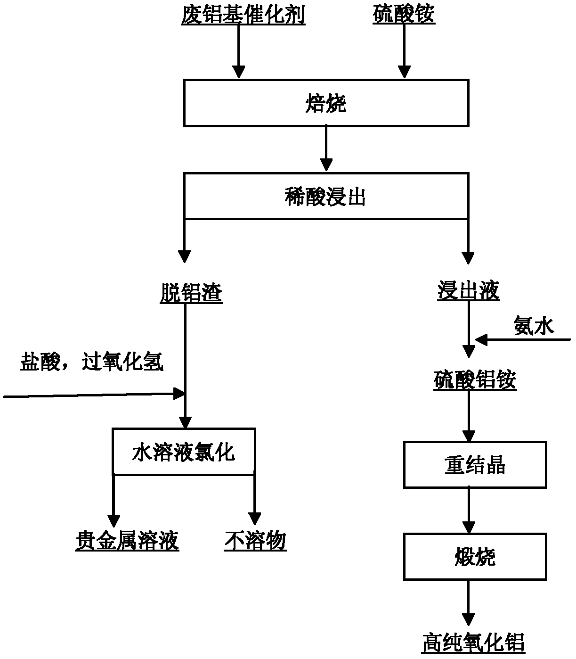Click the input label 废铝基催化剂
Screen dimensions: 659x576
tap(243, 16)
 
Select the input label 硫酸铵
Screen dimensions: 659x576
tap(404, 16)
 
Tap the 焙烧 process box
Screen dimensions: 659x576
tap(326, 103)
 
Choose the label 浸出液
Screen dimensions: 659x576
tap(468, 291)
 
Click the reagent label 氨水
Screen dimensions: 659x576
tap(534, 325)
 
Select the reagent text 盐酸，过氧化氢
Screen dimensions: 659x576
tap(92, 362)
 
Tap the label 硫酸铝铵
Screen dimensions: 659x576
tap(475, 380)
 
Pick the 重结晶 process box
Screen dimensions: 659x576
tap(475, 465)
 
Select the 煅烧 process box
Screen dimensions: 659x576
tap(475, 557)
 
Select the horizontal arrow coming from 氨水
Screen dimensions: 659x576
tap(523, 339)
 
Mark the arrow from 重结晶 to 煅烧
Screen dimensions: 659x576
tap(468, 511)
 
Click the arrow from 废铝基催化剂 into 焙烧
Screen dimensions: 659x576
tap(239, 52)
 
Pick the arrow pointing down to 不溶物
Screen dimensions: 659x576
tap(254, 500)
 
